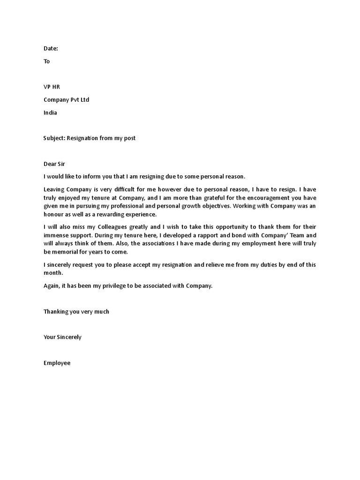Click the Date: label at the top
pyautogui.click(x=51, y=48)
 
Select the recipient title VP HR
pyautogui.click(x=52, y=87)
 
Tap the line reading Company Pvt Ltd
pyautogui.click(x=66, y=100)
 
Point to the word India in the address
pyautogui.click(x=50, y=112)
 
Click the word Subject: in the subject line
pyautogui.click(x=54, y=138)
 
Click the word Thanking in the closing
pyautogui.click(x=56, y=312)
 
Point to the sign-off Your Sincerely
pyautogui.click(x=62, y=337)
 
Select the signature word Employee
pyautogui.click(x=57, y=363)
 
